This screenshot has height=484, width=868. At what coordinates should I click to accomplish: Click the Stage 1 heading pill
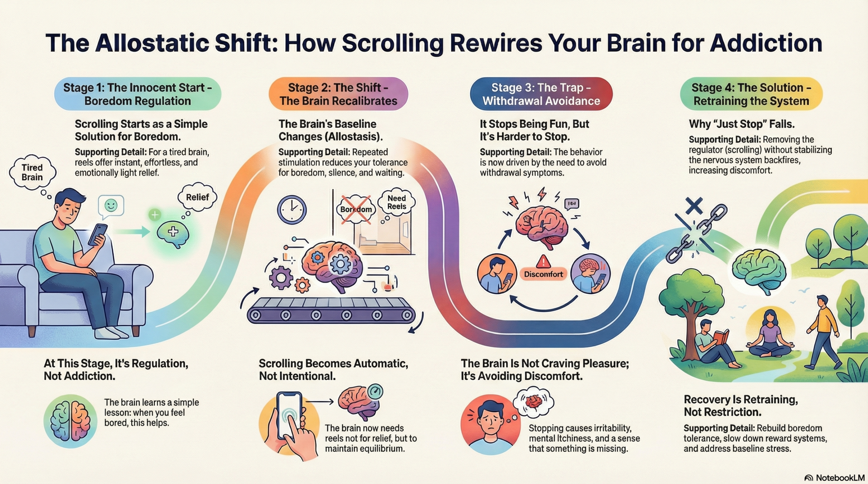click(138, 94)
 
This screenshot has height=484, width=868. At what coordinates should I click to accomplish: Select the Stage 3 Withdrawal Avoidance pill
click(541, 94)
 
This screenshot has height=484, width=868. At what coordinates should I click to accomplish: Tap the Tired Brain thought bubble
click(32, 172)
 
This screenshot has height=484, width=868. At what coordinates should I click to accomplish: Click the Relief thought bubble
click(197, 197)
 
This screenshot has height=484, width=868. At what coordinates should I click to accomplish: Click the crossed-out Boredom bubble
click(356, 209)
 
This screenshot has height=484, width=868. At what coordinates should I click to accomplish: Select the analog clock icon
click(292, 210)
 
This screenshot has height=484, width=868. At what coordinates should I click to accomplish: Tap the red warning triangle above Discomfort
click(543, 262)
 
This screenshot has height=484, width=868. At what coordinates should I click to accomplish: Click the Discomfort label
click(543, 274)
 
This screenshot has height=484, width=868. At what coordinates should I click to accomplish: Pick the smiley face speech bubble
click(111, 205)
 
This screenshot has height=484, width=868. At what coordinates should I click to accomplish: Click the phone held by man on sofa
click(98, 234)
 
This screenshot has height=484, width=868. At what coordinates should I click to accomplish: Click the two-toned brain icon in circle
click(71, 421)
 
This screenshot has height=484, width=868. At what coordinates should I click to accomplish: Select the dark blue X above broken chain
click(694, 206)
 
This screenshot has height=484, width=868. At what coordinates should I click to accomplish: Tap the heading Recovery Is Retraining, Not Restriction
click(741, 406)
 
